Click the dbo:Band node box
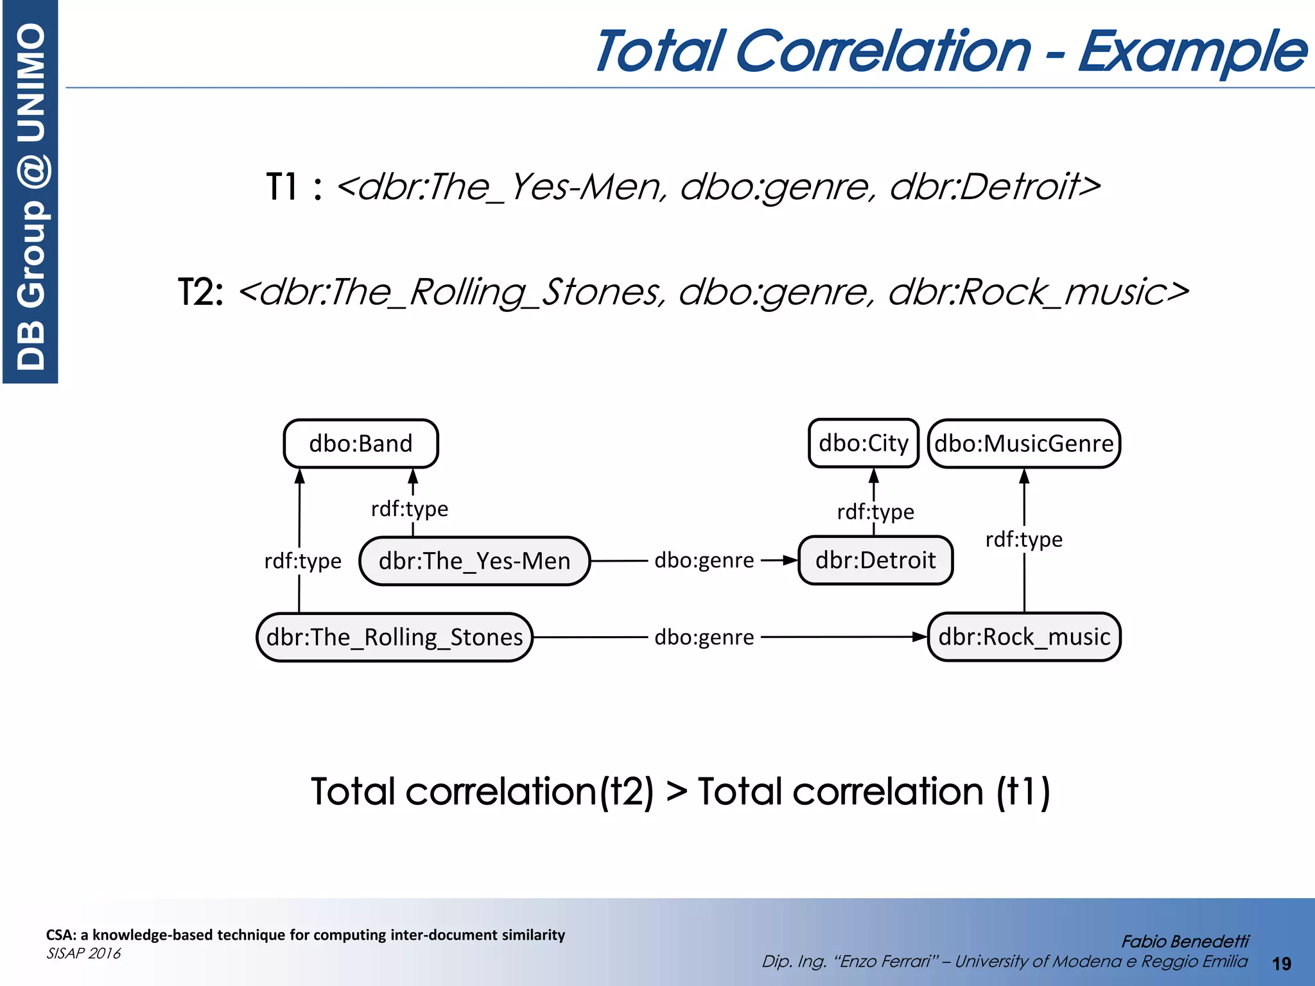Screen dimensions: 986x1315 (361, 444)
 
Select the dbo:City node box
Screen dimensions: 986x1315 (864, 443)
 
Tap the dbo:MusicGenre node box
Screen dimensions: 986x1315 (1023, 444)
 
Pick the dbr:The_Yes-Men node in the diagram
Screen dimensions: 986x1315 (475, 561)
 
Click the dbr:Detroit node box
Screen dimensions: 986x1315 (875, 560)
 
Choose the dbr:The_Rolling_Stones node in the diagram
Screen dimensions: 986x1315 (395, 637)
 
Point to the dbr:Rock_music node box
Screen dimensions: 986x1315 (1024, 637)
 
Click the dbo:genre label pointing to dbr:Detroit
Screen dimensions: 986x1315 (704, 560)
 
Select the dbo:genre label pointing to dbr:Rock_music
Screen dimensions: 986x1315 (704, 637)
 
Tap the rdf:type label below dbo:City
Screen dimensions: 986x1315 (875, 512)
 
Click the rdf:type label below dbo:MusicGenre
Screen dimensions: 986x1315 (1023, 539)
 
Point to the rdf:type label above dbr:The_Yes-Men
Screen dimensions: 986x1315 (410, 509)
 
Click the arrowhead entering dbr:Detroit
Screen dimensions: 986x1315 (790, 560)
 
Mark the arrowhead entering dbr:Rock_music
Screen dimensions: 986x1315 (921, 637)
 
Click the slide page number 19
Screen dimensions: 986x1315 (1282, 964)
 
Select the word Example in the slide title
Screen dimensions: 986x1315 (1192, 51)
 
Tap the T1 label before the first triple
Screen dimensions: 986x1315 (283, 187)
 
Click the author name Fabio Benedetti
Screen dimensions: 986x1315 (1185, 941)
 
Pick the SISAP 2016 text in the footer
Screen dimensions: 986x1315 (83, 953)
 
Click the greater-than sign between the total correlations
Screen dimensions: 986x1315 (676, 791)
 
